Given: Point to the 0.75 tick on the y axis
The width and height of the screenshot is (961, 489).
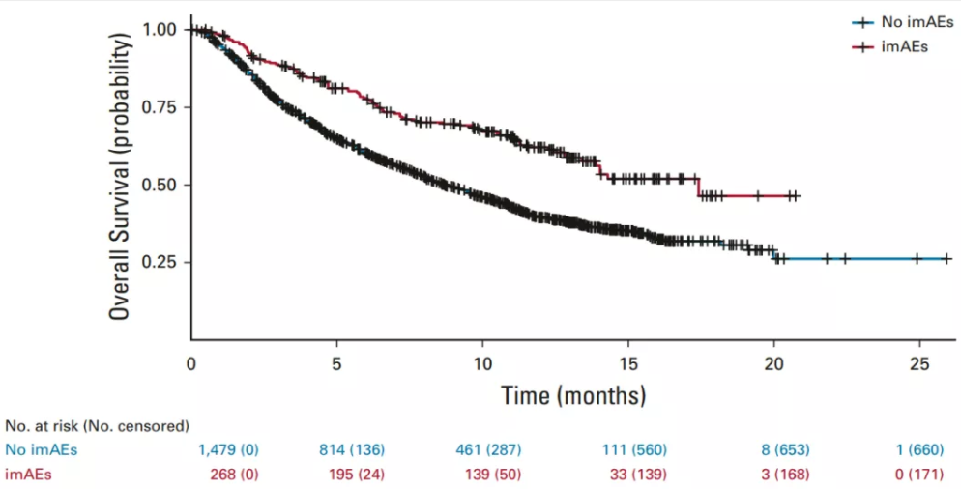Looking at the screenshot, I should (x=161, y=107).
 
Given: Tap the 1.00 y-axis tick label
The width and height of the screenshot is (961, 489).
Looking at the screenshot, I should (x=161, y=30).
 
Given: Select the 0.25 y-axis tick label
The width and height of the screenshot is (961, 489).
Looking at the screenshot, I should (x=161, y=262).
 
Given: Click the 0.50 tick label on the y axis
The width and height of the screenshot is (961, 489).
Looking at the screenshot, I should (x=161, y=185).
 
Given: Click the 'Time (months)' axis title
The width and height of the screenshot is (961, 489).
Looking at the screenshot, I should (x=573, y=394).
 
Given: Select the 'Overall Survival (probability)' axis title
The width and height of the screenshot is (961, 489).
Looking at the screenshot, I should (x=120, y=176).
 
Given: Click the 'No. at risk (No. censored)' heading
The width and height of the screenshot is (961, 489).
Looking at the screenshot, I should (x=97, y=425).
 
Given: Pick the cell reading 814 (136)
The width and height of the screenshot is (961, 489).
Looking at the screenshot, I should (x=351, y=449).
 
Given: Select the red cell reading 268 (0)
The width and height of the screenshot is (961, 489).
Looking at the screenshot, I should (x=234, y=474).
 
